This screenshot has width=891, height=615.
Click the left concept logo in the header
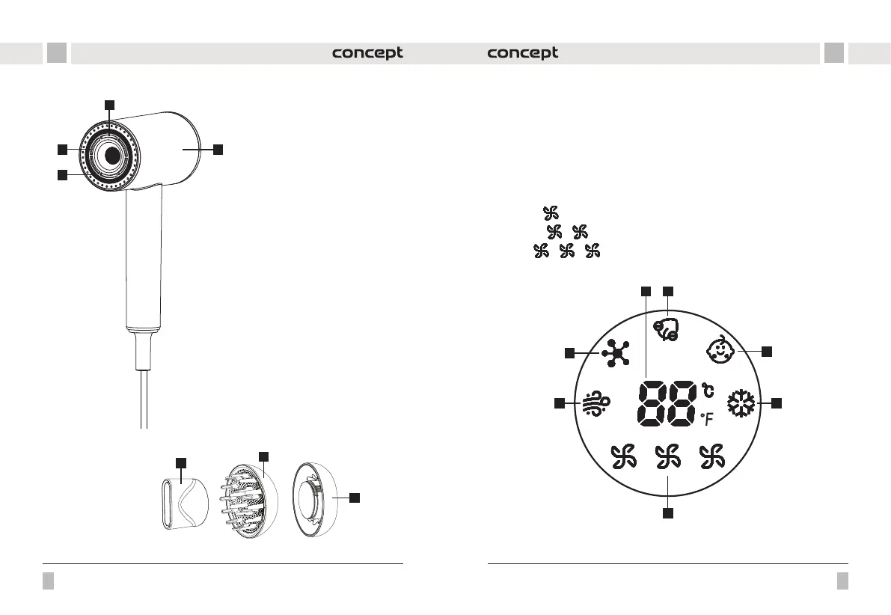point(367,53)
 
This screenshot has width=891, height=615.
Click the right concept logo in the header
point(523,53)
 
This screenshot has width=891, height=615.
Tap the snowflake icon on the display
point(741,403)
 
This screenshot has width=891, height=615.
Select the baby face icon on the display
point(720,349)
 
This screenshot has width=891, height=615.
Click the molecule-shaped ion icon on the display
point(616,353)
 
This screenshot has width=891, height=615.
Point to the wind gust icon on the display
point(596,403)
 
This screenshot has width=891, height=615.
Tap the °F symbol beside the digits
point(707,420)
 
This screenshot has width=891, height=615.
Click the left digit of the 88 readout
point(651,404)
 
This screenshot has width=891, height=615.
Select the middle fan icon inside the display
point(667,457)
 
